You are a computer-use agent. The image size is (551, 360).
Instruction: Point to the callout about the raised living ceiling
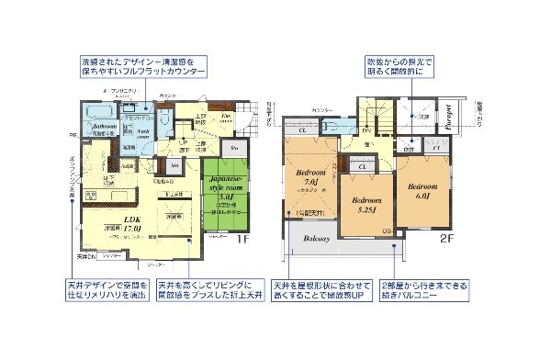[x=208, y=292]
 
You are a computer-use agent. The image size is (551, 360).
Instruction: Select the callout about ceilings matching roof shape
[x=317, y=292]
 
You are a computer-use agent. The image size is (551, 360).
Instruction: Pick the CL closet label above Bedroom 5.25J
[x=364, y=166]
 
